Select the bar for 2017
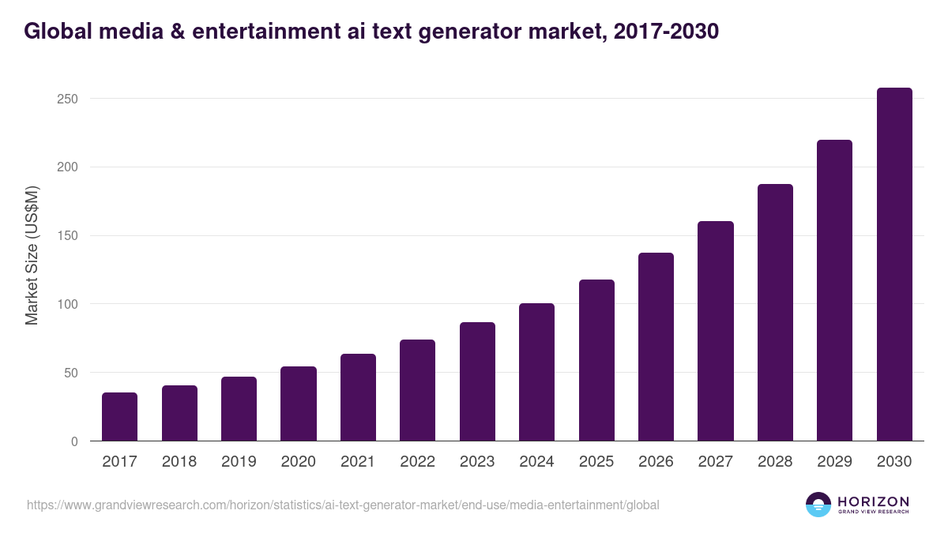tap(119, 417)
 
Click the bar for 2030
tap(894, 265)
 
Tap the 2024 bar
tap(536, 372)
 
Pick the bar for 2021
tap(358, 397)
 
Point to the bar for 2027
tap(716, 331)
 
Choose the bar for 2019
tap(239, 409)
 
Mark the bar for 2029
tap(834, 291)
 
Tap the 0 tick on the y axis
tap(74, 441)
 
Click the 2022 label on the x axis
tap(417, 462)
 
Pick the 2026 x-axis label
tap(656, 462)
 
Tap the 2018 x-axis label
tap(179, 462)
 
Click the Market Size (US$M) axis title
tap(32, 255)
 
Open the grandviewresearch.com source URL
tap(343, 505)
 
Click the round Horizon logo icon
tap(818, 505)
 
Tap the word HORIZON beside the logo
tap(873, 501)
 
